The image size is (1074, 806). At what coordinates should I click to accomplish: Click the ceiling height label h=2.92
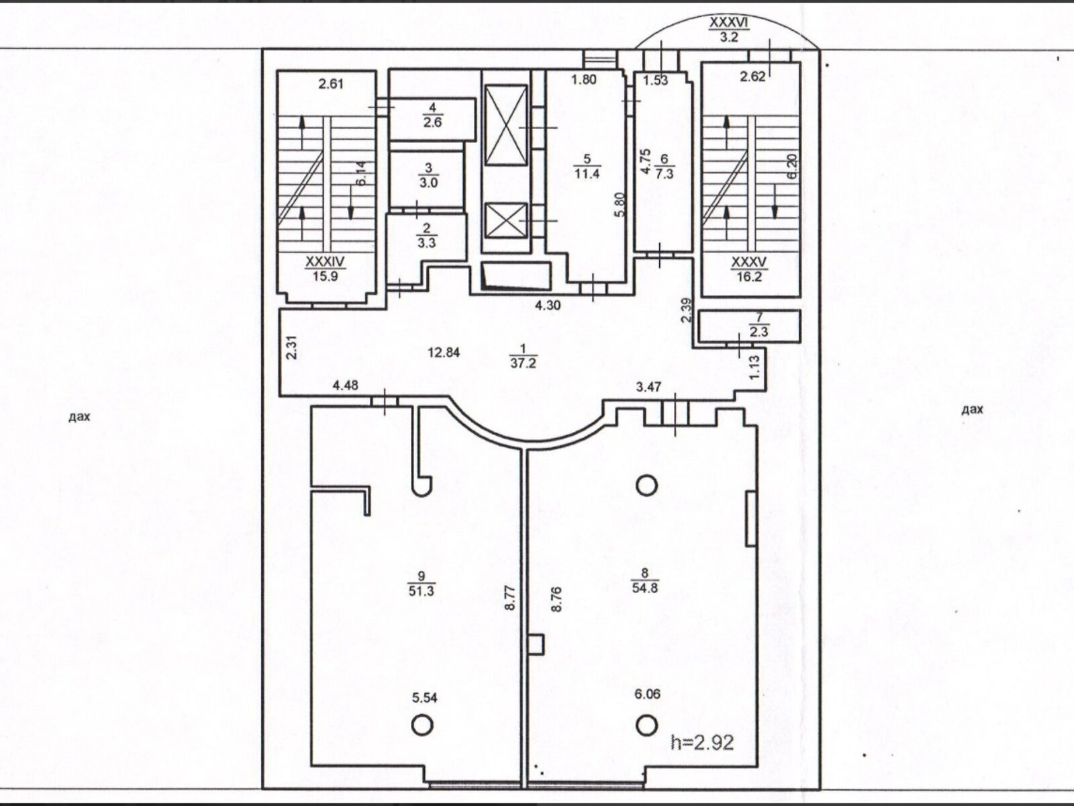point(702,742)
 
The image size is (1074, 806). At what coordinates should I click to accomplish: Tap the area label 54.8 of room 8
point(644,588)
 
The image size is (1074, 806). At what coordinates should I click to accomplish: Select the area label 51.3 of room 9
point(422,590)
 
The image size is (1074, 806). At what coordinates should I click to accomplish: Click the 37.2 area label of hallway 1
point(523,363)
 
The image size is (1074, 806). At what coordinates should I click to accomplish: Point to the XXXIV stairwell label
point(326,262)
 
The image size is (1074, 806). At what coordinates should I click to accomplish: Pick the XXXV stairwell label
point(749,263)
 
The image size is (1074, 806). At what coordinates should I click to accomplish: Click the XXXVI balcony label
point(729,23)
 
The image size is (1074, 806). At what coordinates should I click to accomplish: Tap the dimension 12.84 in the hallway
point(444,353)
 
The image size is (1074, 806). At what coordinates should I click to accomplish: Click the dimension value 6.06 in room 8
point(647,694)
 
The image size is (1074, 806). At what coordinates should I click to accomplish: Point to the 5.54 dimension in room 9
point(424,698)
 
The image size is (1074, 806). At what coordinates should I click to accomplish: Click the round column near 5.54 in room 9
point(422,725)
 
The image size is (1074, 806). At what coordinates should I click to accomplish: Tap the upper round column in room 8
point(646,486)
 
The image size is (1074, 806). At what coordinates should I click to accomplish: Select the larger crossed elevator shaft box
point(506,126)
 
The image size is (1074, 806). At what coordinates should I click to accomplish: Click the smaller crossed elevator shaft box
point(506,221)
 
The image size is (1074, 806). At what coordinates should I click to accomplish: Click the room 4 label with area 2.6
point(432,116)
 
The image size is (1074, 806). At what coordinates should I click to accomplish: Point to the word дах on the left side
point(79,417)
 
